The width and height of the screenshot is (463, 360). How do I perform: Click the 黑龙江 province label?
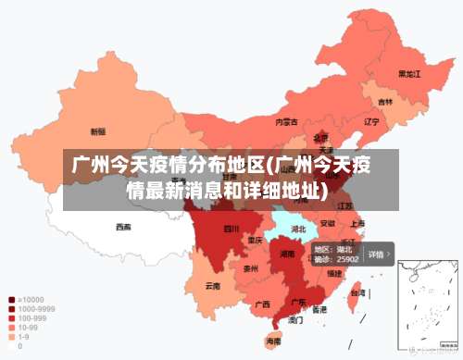coord(409,73)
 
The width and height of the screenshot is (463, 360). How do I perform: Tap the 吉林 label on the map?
coord(384,102)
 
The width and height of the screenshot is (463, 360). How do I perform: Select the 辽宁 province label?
coord(371,121)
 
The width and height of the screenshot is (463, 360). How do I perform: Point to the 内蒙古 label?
coord(287,121)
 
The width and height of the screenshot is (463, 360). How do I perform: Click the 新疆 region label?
coord(97,131)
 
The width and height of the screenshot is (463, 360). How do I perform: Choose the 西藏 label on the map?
coord(123,226)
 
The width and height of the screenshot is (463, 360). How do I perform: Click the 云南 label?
coord(213,286)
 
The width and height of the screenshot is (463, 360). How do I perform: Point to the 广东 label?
coord(299,302)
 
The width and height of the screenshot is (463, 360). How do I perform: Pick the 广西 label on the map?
coord(262,304)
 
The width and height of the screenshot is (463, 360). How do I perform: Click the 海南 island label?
coord(273,341)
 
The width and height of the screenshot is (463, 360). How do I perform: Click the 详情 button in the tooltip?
coord(379,254)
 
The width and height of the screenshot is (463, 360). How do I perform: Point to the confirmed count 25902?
coord(347,260)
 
